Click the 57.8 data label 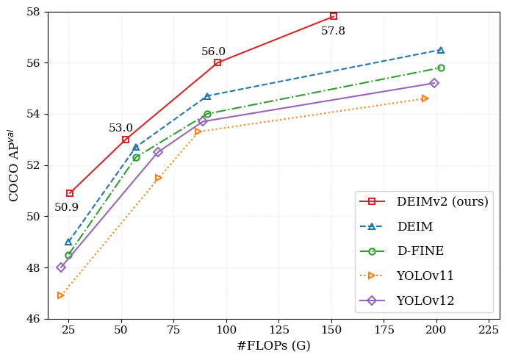(x=333, y=31)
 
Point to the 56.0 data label (x=213, y=51)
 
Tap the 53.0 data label (x=121, y=128)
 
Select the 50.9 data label (x=66, y=207)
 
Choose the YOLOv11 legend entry (x=425, y=276)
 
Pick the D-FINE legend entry (x=420, y=251)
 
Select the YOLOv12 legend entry (x=425, y=300)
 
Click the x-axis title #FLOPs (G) (x=273, y=345)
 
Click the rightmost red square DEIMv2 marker (x=334, y=16)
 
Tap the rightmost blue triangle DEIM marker (x=441, y=50)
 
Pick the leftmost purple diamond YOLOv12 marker (x=61, y=267)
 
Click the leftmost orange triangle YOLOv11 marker (x=61, y=295)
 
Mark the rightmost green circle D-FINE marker (x=441, y=68)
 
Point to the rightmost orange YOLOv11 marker (x=425, y=98)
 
